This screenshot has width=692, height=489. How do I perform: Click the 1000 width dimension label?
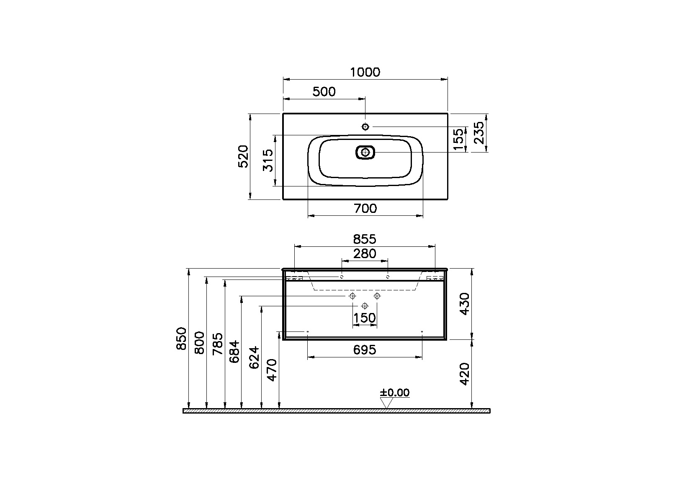point(365,72)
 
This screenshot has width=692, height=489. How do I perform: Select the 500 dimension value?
point(324,92)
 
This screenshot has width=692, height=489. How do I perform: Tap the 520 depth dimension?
point(243,156)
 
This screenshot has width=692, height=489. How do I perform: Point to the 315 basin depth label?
point(268,160)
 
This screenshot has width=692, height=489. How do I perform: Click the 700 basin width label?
point(365,209)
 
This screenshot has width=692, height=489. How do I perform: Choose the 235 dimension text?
point(479,133)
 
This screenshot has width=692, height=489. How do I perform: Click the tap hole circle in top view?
point(365,127)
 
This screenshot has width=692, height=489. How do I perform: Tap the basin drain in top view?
point(365,152)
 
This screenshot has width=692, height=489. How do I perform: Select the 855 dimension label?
point(365,239)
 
